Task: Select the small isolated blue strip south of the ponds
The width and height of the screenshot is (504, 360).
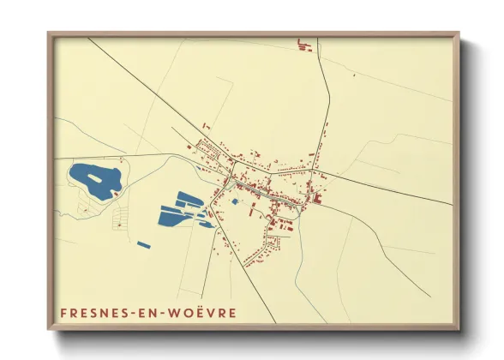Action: [144, 245]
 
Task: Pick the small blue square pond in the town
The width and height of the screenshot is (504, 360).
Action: [234, 202]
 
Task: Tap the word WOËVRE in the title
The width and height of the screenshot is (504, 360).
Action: [200, 312]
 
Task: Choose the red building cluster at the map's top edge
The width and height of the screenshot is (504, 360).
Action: [305, 45]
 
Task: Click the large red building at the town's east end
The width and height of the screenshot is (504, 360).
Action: [315, 200]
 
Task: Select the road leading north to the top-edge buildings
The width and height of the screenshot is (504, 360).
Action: [327, 94]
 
